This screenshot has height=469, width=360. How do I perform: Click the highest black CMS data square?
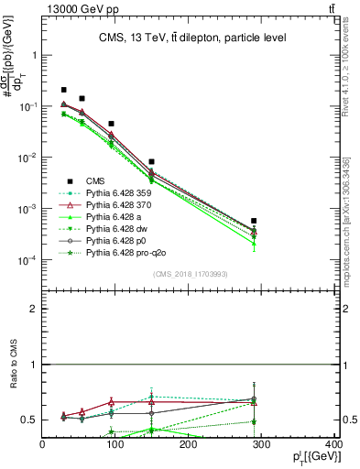(x=64, y=90)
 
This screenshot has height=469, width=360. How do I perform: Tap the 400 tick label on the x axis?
(x=334, y=445)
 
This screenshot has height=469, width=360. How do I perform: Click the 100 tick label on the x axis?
(x=115, y=445)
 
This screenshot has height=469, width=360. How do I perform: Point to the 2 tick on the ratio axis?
(x=34, y=309)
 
